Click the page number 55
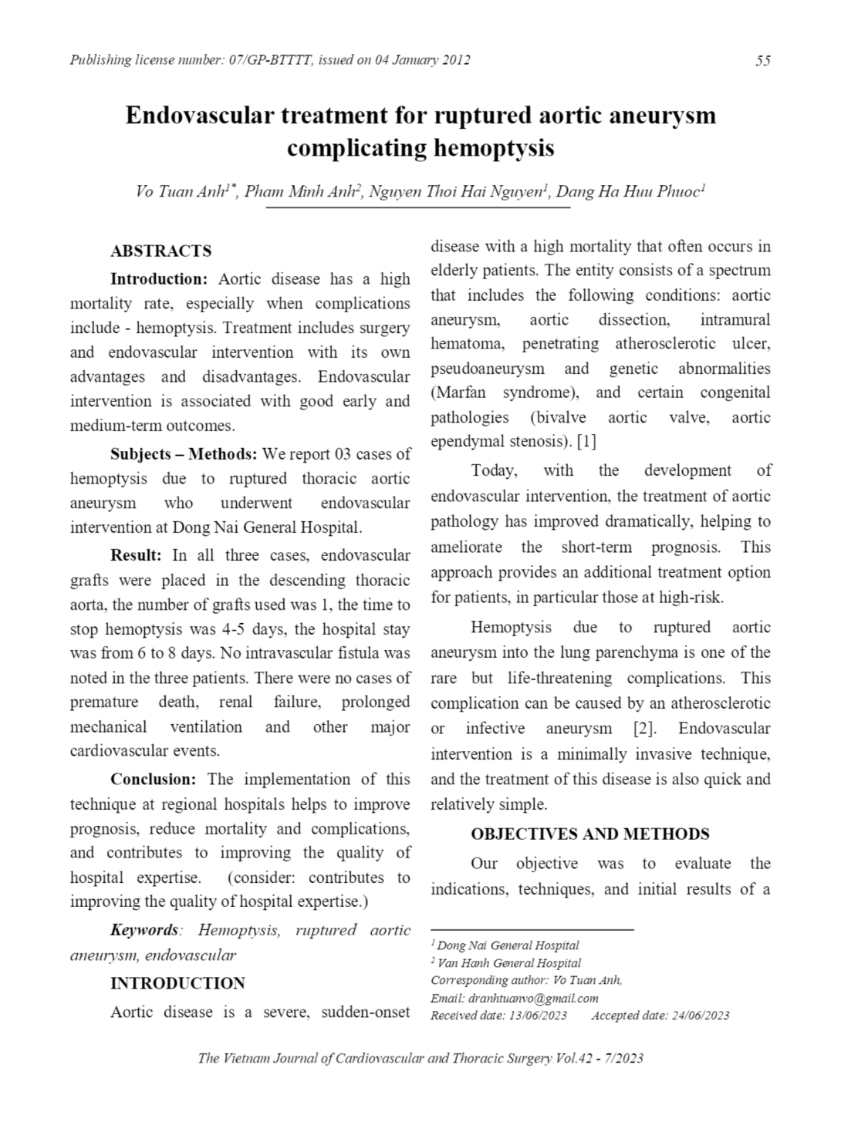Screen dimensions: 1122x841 click(762, 61)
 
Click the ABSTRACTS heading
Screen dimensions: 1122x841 click(160, 251)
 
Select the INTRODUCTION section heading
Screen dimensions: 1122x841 click(177, 983)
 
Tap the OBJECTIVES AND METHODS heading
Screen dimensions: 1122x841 click(590, 834)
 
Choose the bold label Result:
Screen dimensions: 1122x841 click(136, 555)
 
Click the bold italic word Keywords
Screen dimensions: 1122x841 click(144, 930)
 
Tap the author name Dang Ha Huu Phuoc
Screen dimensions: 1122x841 click(628, 192)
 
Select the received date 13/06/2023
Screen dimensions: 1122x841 click(538, 1016)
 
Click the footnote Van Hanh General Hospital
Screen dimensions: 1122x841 click(509, 963)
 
